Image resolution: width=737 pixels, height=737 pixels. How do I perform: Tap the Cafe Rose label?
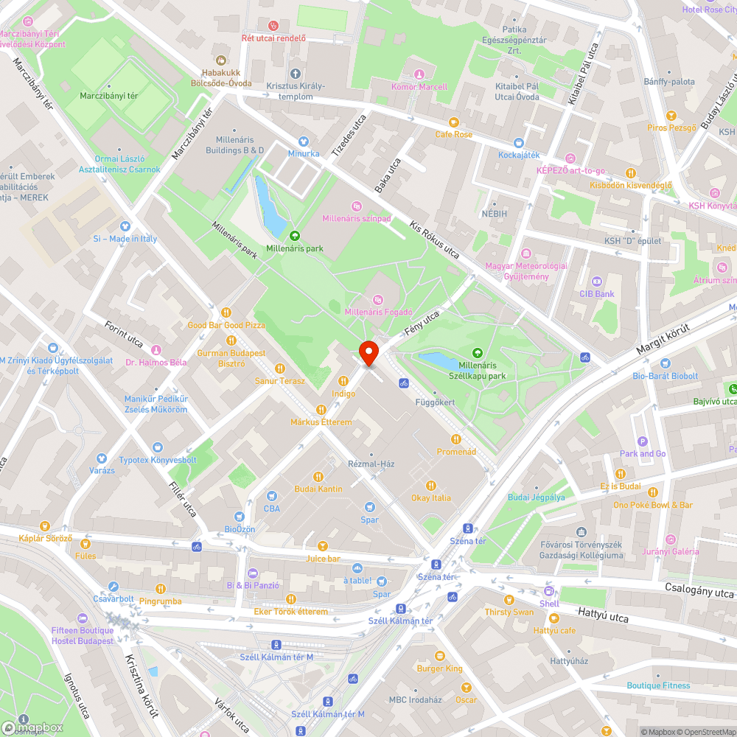click(x=453, y=135)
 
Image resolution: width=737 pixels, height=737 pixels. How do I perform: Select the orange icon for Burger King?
click(x=440, y=656)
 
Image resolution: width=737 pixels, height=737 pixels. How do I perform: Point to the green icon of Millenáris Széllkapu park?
click(x=478, y=353)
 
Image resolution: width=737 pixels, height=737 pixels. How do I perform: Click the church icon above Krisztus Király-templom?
click(x=296, y=73)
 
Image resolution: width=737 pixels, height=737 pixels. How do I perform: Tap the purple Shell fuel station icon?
click(x=549, y=591)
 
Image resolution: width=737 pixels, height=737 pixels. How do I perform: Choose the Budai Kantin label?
click(x=318, y=489)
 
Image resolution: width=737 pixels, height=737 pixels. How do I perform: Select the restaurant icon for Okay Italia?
click(x=431, y=485)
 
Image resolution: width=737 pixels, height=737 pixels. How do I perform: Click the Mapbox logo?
click(x=32, y=727)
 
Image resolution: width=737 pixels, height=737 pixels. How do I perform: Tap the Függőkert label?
click(x=435, y=403)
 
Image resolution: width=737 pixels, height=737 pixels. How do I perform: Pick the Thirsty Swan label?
click(x=509, y=612)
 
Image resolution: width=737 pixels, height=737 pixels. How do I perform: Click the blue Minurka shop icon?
click(x=303, y=141)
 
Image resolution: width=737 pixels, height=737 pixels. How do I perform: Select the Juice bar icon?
click(x=322, y=546)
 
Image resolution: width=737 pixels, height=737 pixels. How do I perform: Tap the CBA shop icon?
click(x=271, y=496)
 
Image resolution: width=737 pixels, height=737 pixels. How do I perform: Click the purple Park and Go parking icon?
click(x=643, y=441)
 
